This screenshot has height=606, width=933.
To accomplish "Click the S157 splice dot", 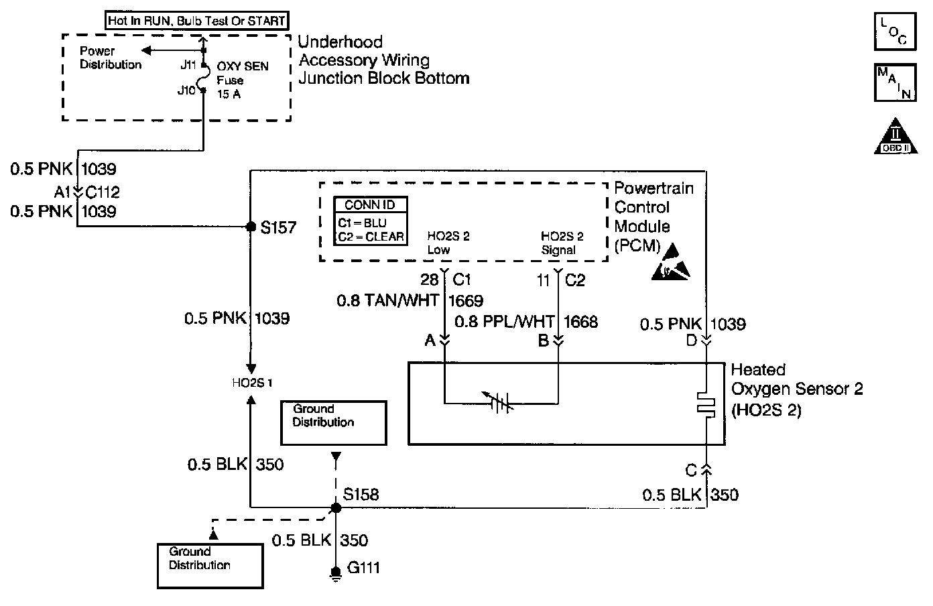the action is [251, 227].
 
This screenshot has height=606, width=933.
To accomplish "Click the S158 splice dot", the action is [336, 507].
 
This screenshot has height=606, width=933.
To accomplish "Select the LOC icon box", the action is [895, 32].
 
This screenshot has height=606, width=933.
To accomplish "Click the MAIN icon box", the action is [895, 82].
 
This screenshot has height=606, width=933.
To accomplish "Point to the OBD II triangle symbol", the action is [895, 136].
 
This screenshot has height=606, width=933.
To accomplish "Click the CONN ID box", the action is [370, 221].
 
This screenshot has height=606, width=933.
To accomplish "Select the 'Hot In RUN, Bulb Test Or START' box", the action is [196, 20].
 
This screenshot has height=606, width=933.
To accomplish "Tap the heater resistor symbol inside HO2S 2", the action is [706, 404].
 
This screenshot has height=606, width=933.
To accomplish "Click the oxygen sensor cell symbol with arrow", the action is [499, 402].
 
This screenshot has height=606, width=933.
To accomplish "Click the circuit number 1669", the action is [466, 301].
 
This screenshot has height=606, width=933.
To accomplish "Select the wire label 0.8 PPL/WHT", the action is [505, 322].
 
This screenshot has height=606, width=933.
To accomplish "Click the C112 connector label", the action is [103, 192].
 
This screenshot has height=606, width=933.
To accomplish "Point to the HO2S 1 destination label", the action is [252, 383].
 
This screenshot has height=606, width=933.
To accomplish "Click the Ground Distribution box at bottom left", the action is [210, 566].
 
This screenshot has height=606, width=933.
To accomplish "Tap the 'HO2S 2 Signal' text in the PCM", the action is [562, 243].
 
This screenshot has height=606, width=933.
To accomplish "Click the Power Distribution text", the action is [111, 58].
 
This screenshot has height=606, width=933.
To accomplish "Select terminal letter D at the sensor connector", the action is [692, 341].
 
